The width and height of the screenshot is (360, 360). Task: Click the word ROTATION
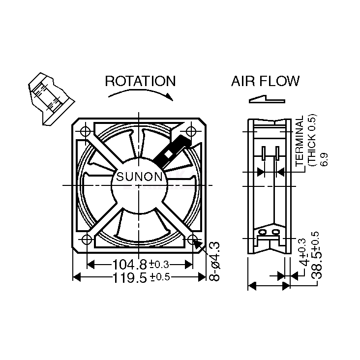[x=140, y=81]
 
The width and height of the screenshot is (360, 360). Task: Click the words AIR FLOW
[x=265, y=81]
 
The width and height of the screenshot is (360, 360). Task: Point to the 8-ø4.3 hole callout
[x=214, y=261]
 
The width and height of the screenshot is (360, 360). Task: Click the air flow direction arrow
[x=267, y=100]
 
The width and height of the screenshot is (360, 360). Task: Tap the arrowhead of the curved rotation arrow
[x=170, y=97]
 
